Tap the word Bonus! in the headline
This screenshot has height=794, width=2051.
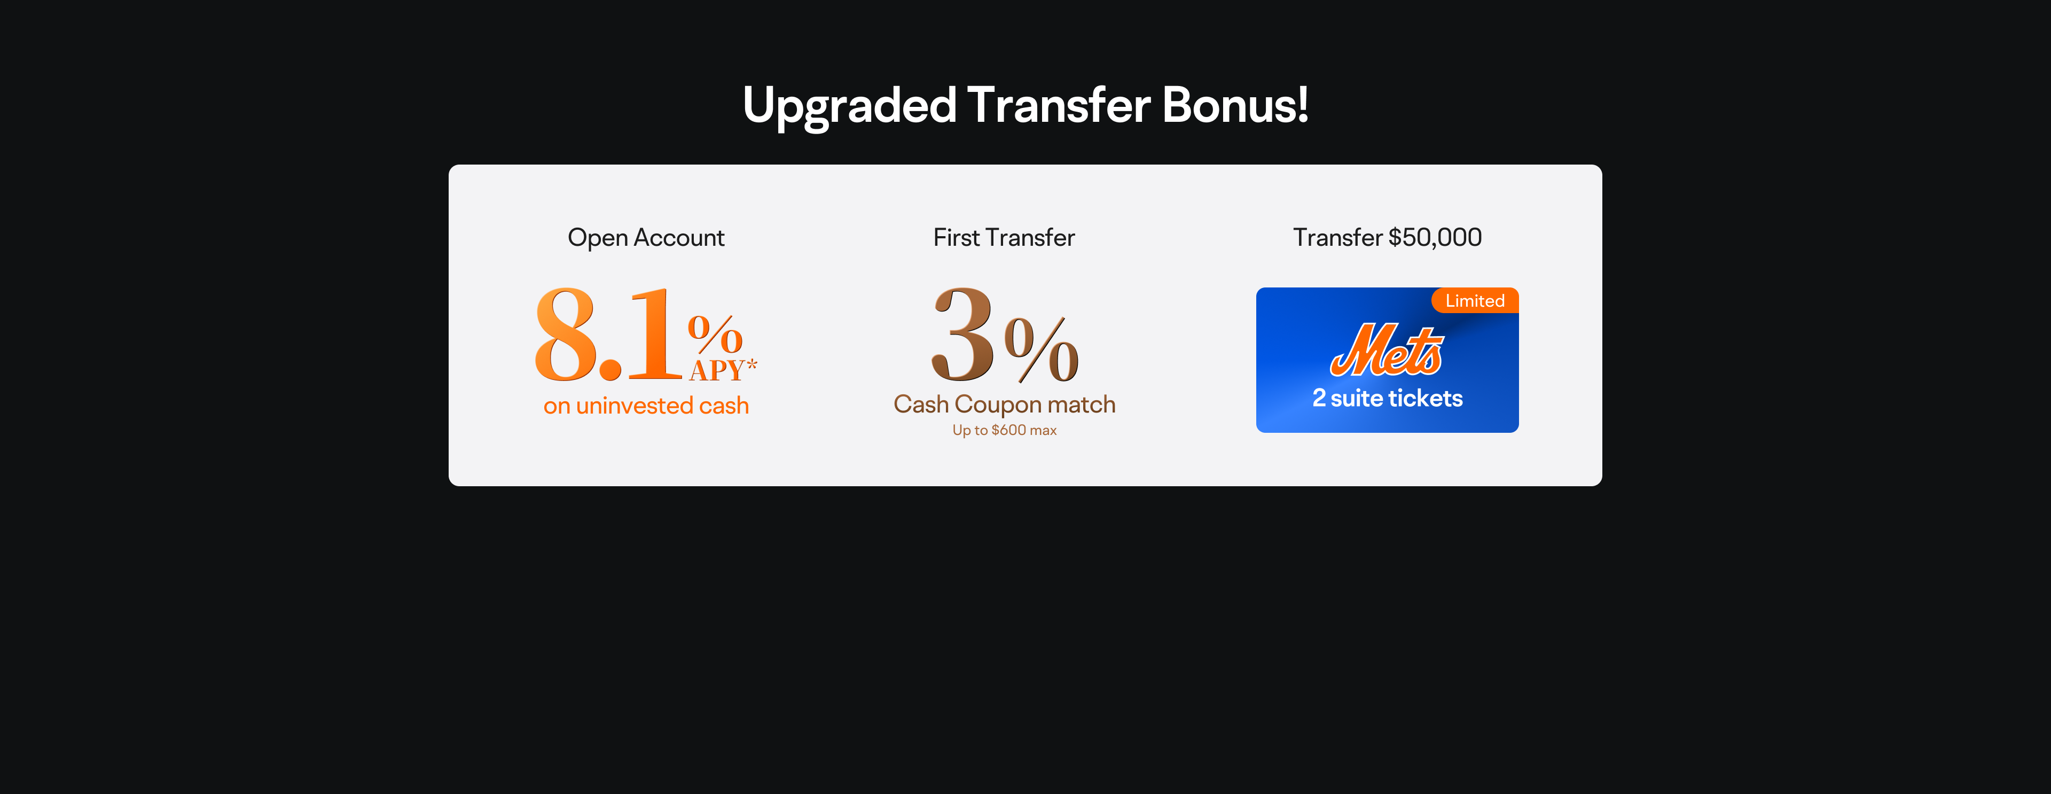(1235, 104)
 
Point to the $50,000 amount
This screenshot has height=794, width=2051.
(1435, 237)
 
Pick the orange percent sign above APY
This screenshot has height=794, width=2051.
(715, 333)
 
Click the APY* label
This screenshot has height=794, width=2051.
(723, 370)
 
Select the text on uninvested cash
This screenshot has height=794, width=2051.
(646, 406)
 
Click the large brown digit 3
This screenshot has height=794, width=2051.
(962, 334)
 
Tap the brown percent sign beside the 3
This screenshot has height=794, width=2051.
(1042, 349)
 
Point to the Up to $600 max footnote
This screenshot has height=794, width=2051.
(1004, 430)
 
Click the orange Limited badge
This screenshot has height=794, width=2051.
(1475, 301)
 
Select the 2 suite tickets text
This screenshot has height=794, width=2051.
(1387, 398)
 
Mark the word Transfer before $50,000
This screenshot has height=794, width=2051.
(1337, 237)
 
